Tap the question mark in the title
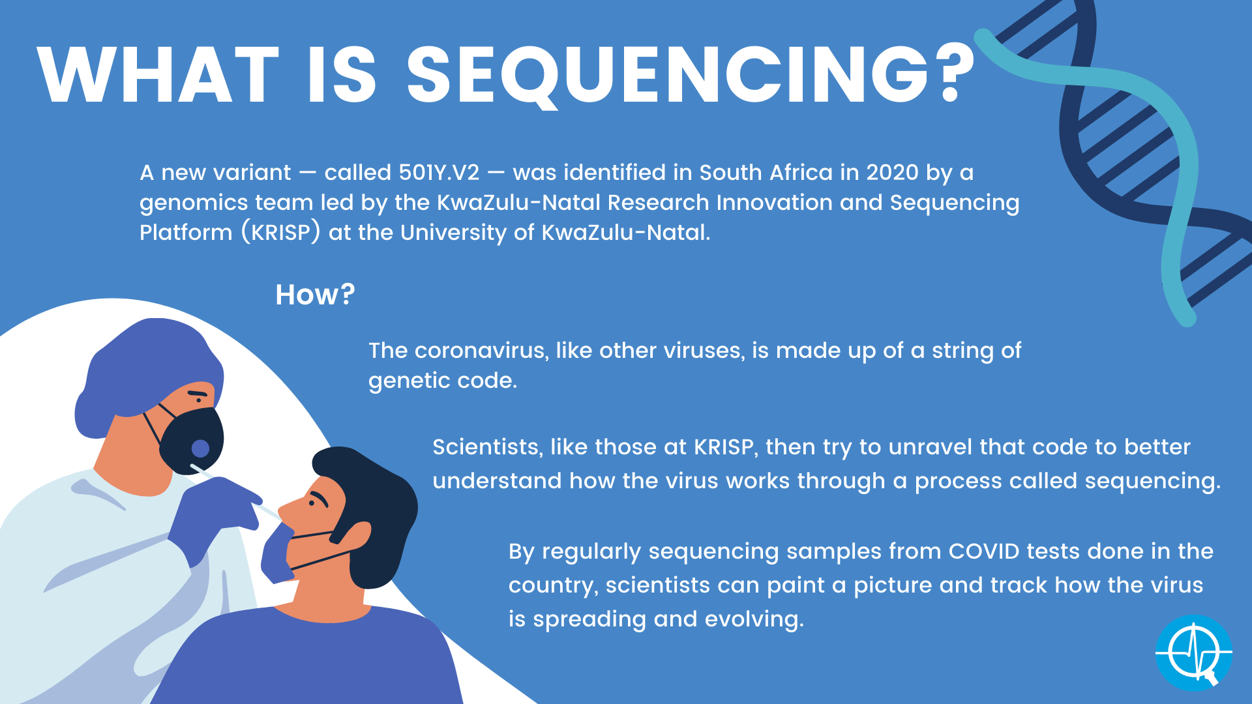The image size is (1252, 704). pyautogui.click(x=956, y=73)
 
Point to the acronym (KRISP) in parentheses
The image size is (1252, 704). pyautogui.click(x=280, y=232)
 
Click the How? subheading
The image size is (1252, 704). pyautogui.click(x=315, y=295)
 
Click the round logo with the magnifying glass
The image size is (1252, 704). pyautogui.click(x=1193, y=653)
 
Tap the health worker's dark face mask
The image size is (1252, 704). pyautogui.click(x=192, y=440)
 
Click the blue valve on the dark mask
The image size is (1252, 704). pyautogui.click(x=200, y=448)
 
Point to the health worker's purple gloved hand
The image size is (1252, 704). pyautogui.click(x=215, y=515)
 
